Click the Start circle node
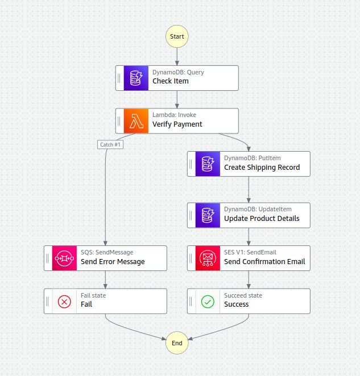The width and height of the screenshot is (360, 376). pos(177,36)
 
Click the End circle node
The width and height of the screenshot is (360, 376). pos(177,343)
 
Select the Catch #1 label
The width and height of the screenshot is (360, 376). pos(111,144)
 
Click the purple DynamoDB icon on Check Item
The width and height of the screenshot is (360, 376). pos(136,78)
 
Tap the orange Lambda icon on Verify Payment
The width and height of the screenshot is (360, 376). pos(136,121)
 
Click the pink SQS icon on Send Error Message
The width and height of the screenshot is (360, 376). pos(64,258)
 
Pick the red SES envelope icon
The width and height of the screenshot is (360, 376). pos(208,258)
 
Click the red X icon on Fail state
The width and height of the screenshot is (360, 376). pos(64,302)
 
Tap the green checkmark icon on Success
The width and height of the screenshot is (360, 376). pos(208,302)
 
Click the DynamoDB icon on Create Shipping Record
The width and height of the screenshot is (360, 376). pos(208,164)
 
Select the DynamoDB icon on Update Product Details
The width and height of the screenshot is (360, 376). pos(208,215)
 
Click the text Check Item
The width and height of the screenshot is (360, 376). pos(171,81)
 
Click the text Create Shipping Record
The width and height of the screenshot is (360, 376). pos(262,168)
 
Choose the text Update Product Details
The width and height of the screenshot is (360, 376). pos(262,219)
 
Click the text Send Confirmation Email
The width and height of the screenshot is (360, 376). pos(264,262)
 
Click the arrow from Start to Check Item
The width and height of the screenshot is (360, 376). pos(177,56)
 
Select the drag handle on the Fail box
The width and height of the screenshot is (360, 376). pos(48,301)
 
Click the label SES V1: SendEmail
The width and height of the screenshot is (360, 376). pos(250,252)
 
